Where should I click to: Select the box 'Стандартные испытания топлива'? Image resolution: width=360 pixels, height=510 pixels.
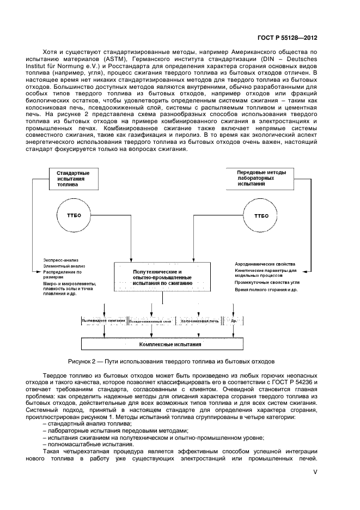pyautogui.click(x=74, y=179)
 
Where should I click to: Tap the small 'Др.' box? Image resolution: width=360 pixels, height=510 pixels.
pyautogui.click(x=234, y=321)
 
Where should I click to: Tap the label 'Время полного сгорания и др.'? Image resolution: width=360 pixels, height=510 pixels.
pyautogui.click(x=265, y=290)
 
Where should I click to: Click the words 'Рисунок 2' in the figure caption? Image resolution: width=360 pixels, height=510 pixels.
pyautogui.click(x=82, y=361)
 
